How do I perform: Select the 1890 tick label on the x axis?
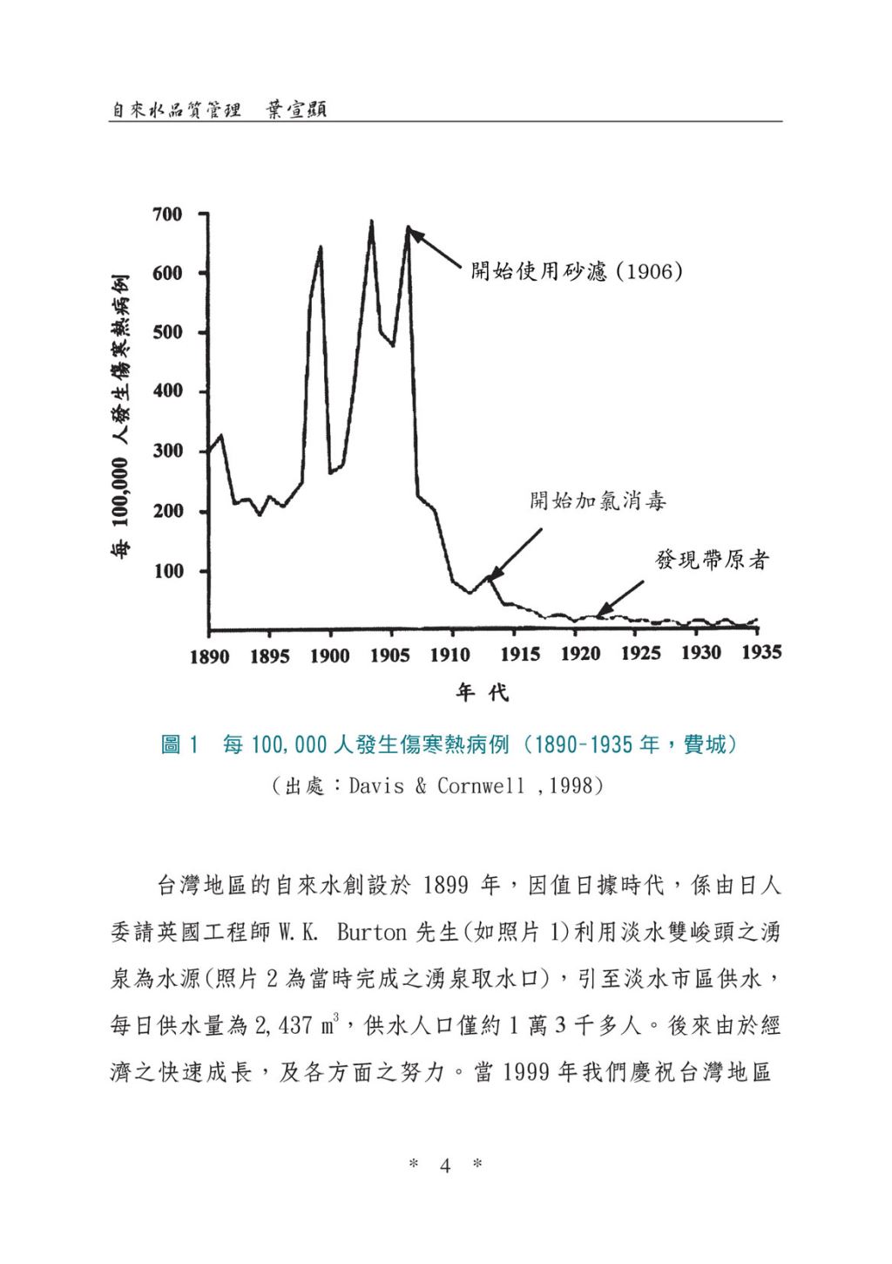(209, 656)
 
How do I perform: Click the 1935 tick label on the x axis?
(761, 653)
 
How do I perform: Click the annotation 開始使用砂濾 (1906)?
(576, 271)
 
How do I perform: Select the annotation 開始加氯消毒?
(598, 500)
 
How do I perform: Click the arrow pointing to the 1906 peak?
(436, 249)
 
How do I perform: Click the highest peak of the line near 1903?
(371, 222)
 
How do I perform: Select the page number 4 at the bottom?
(445, 1165)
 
